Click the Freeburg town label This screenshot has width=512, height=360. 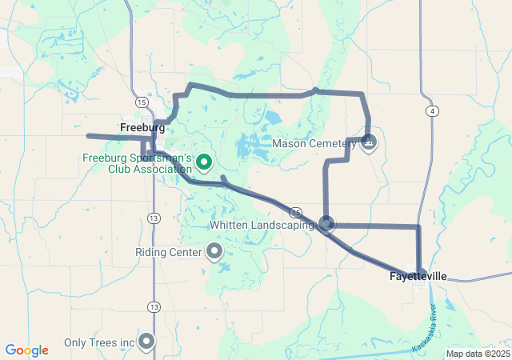pos(142,127)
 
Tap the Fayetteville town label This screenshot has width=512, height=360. pos(418,276)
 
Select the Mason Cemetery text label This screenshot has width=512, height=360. pos(314,144)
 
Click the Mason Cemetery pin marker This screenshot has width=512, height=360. pos(369,142)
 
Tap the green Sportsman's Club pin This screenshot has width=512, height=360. pos(204,162)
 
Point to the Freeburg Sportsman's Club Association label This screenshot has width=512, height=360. pos(137,163)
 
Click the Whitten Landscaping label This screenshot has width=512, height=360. pos(262,225)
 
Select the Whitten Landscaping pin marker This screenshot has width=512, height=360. pos(326,223)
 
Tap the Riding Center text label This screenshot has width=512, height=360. pos(168,252)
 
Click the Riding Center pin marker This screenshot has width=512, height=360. pos(214,252)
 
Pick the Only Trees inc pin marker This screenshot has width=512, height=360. pos(146,342)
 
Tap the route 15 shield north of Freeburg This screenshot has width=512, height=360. pos(141,102)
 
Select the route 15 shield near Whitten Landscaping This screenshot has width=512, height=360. pos(296,213)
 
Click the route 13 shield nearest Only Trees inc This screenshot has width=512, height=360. pos(153,306)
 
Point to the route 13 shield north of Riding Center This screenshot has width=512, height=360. pos(153,218)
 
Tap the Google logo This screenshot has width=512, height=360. pos(26,350)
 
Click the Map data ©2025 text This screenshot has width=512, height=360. pos(477,354)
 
